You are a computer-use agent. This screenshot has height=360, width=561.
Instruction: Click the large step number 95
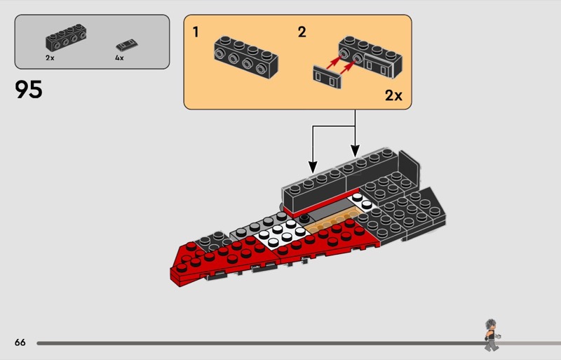[28, 90]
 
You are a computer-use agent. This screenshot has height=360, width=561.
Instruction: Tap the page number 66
[20, 342]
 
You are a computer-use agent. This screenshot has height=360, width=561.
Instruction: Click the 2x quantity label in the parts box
[50, 58]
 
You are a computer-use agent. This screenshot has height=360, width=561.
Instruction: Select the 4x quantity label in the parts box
[119, 58]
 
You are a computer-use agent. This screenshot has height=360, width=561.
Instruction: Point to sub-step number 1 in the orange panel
[196, 32]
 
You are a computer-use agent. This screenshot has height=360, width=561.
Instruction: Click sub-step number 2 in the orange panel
[302, 32]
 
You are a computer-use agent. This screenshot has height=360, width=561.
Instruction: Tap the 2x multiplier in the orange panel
[393, 95]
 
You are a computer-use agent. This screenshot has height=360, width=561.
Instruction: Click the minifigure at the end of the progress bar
[492, 334]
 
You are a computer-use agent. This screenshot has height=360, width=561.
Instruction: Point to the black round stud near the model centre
[305, 219]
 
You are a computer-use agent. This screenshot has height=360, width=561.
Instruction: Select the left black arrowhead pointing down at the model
[313, 166]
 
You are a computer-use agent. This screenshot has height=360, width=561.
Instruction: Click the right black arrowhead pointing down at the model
[355, 151]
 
